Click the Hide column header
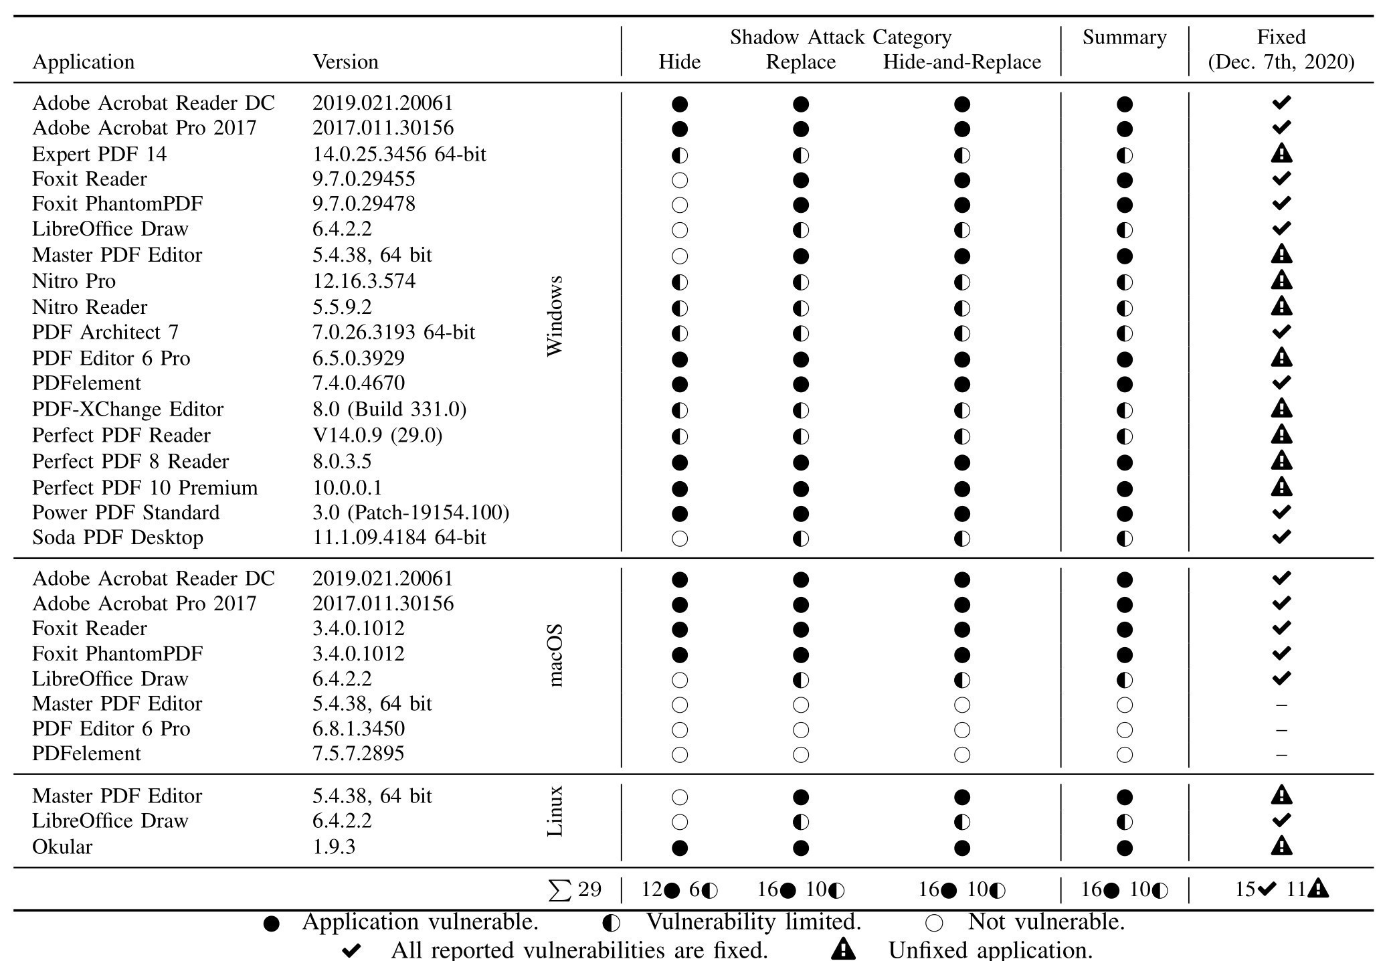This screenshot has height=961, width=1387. click(x=679, y=62)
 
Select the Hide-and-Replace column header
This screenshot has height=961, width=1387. click(x=961, y=62)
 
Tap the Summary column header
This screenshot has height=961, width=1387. click(x=1124, y=37)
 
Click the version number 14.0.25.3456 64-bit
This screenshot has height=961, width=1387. click(x=399, y=155)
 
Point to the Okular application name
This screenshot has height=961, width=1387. click(x=62, y=847)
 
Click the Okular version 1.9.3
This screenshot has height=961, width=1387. click(x=334, y=847)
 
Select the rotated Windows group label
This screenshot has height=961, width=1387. click(x=555, y=316)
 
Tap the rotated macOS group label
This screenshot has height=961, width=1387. click(x=555, y=656)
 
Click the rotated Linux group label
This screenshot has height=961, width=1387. click(x=555, y=811)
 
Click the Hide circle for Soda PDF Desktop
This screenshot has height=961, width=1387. click(x=679, y=539)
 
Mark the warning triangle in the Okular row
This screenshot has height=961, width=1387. click(x=1281, y=846)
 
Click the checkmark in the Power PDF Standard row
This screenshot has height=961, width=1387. click(x=1281, y=513)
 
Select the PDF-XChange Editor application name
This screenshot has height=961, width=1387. click(x=128, y=410)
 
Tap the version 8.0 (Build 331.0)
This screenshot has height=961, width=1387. click(x=389, y=410)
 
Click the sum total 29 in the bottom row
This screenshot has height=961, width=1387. click(x=575, y=889)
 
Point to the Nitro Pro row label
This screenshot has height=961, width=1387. click(x=74, y=281)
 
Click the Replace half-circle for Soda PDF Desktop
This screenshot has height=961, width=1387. click(x=800, y=539)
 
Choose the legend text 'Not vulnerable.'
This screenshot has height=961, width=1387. click(x=1046, y=922)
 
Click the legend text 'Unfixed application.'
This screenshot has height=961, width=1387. click(x=990, y=950)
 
